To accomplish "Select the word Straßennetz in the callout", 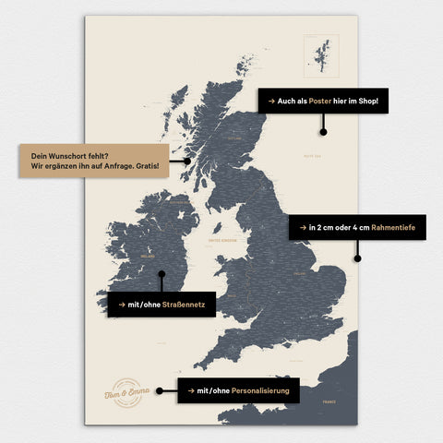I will coord(188,304).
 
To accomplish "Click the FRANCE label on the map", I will coord(329,402).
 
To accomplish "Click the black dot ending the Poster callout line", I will coord(323,131).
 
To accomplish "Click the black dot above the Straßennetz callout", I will coord(162,273).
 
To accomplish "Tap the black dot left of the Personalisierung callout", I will coord(160,390).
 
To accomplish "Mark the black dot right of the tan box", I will coord(186,161).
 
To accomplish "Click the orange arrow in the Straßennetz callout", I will coord(121,304).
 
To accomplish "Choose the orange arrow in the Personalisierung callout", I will coord(191,390).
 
